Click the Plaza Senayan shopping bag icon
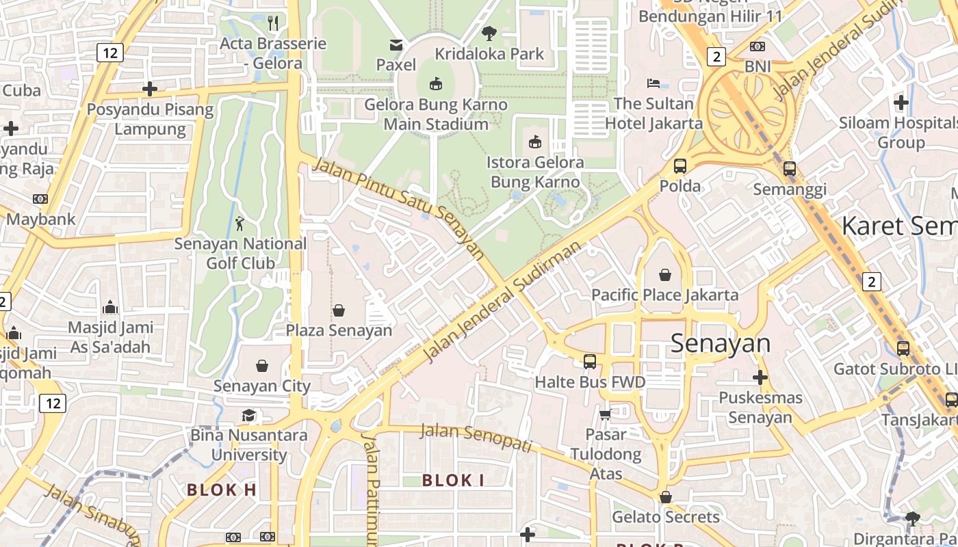339,310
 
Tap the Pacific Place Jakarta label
664,295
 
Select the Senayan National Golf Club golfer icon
239,223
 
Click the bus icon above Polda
679,165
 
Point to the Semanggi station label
790,189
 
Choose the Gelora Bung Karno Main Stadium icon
435,84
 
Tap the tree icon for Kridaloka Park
489,33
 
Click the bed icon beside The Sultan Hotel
653,83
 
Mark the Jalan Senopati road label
476,436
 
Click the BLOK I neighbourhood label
453,481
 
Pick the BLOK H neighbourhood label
222,490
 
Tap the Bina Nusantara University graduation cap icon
248,415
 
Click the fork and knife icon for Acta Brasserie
273,23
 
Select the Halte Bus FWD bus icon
589,361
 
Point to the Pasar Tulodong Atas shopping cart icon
605,414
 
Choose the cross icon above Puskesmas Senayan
760,377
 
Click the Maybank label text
41,219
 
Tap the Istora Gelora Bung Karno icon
535,142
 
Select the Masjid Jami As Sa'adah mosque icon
110,308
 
